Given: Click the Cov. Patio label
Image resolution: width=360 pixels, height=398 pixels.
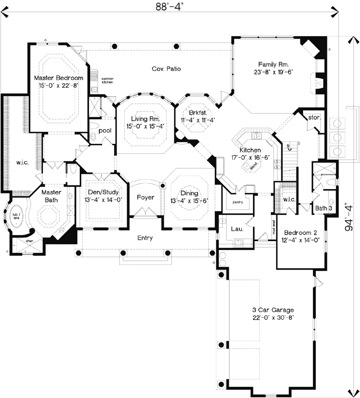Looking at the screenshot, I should (166, 69).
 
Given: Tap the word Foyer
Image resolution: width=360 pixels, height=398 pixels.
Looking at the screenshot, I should (145, 197).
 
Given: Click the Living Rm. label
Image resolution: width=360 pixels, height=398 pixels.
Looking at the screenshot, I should (145, 119).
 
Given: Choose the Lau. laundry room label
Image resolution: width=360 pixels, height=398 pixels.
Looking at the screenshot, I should (237, 229).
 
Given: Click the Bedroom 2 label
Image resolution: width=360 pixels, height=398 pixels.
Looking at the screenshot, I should (299, 233).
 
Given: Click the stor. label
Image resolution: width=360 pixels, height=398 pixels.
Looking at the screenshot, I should (314, 118).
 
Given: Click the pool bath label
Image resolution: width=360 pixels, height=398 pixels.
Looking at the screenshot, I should (105, 130).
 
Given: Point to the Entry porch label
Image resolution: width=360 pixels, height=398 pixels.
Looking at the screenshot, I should (145, 238).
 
